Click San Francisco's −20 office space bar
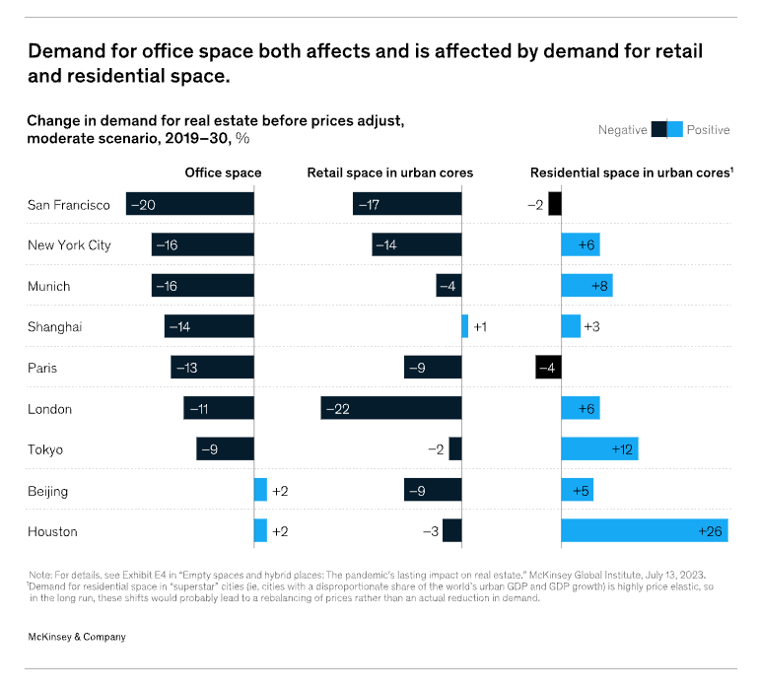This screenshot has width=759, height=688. (190, 204)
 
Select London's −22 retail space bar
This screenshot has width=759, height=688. (391, 408)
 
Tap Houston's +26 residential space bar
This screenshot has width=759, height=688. (645, 530)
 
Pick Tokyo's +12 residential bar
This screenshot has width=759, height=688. (599, 449)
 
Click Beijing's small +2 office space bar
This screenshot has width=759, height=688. (260, 490)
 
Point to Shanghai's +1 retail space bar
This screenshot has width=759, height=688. (465, 326)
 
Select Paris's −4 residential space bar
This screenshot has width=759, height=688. (548, 368)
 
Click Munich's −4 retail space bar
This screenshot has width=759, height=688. (448, 286)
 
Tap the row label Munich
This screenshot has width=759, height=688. (50, 286)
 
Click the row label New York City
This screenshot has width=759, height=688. (69, 244)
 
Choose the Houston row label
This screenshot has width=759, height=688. (53, 531)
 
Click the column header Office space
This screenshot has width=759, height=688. (224, 172)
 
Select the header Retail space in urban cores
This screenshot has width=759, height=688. (390, 172)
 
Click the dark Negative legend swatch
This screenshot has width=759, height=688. (658, 129)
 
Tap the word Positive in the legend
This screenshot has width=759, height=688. (708, 129)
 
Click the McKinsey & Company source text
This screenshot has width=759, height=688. (76, 637)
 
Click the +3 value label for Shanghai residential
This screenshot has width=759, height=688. (592, 326)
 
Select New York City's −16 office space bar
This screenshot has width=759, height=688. (203, 244)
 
